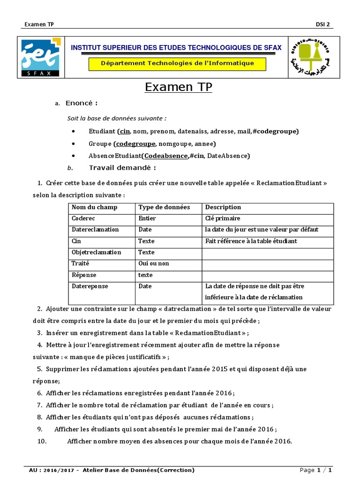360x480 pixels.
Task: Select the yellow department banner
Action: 177,63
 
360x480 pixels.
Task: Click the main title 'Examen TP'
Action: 178,87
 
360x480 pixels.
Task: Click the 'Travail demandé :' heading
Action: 122,168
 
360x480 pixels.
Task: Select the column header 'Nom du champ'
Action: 94,207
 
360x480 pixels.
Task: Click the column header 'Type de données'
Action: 164,207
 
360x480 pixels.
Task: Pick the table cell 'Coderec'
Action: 82,218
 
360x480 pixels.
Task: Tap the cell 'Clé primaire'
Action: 223,218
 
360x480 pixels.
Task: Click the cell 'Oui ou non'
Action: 154,263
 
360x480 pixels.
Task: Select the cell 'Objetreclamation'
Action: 96,252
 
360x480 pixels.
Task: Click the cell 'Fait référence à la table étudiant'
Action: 251,241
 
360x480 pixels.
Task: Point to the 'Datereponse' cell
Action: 90,286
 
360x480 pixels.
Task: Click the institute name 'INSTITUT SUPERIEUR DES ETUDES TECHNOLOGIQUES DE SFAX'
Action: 176,48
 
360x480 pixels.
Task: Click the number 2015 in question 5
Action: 217,369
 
